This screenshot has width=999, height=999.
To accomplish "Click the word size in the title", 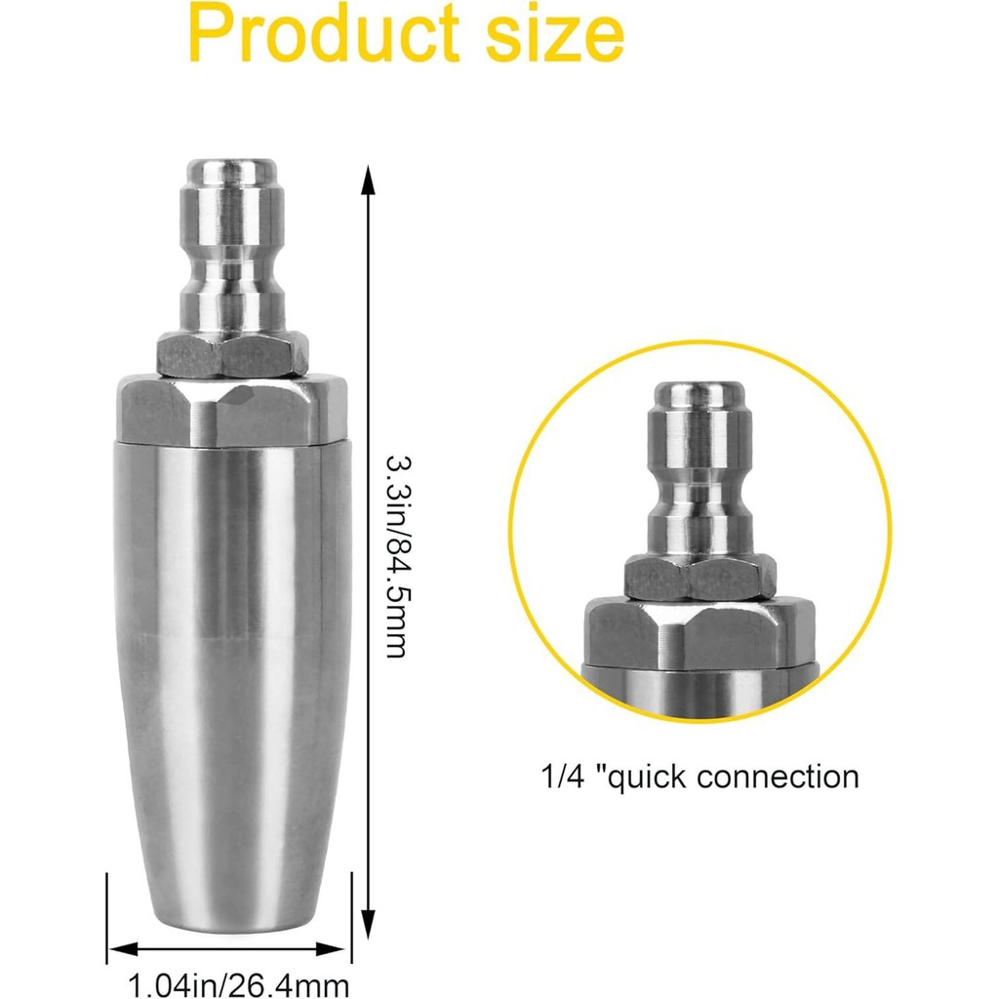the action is (x=555, y=34).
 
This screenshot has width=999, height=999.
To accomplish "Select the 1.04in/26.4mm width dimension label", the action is (x=239, y=984).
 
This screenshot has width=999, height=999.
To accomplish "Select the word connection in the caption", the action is (x=778, y=778).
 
